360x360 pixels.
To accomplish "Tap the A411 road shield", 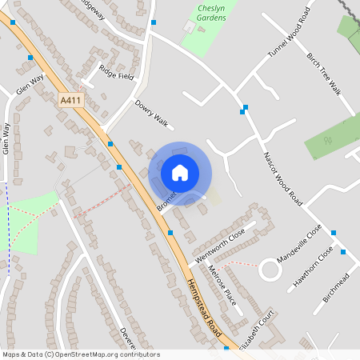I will coord(70,101).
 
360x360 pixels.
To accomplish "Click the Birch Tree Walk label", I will coord(323,74).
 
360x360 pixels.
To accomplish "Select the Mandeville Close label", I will coord(299,244).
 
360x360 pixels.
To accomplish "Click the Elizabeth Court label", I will coord(263,328).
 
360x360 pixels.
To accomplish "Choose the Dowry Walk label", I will coord(153,113).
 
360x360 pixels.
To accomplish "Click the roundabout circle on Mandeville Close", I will coord(270,270).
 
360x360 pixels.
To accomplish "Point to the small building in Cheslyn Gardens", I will coord(188,26).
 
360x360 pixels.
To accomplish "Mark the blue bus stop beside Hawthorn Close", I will coord(343,252).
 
